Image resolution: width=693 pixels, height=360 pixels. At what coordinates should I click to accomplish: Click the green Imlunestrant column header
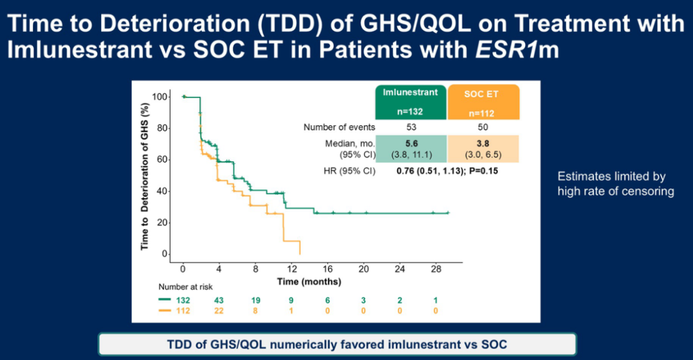click(411, 101)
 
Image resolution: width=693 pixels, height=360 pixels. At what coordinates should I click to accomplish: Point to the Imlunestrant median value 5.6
click(411, 143)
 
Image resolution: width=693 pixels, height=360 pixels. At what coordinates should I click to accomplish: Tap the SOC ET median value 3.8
click(483, 143)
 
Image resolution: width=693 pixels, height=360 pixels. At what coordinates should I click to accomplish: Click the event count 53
click(411, 127)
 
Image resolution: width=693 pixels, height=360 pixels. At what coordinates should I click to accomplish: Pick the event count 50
click(483, 127)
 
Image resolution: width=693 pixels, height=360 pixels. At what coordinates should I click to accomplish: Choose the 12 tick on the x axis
click(291, 268)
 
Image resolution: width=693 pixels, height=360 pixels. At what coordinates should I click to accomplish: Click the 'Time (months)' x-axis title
click(309, 281)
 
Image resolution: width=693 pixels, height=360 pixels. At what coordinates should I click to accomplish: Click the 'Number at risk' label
click(185, 287)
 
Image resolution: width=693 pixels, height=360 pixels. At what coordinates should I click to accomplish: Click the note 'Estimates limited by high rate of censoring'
click(615, 184)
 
